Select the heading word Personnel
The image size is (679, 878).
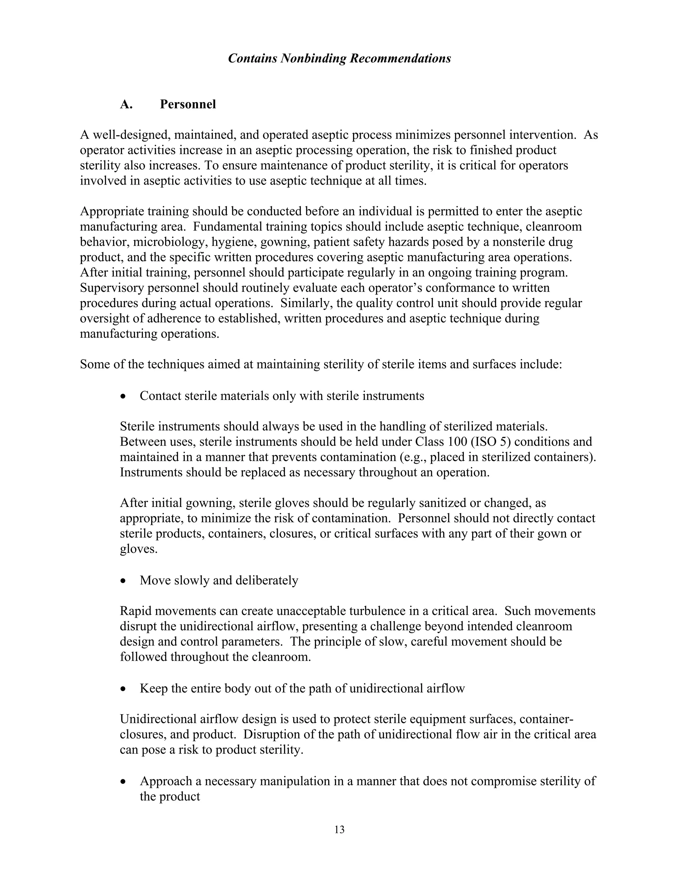tap(188, 104)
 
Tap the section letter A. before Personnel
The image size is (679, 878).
tap(126, 104)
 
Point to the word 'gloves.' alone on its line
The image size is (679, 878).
tap(138, 549)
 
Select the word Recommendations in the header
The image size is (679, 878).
tap(400, 59)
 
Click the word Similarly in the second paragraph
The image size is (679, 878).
tap(305, 303)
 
